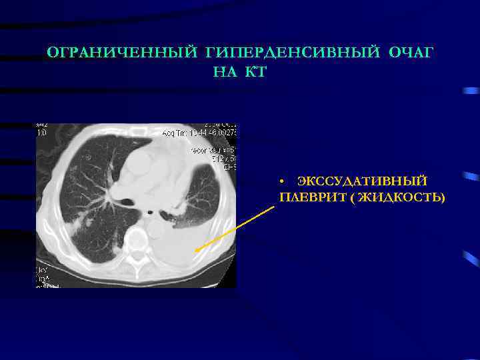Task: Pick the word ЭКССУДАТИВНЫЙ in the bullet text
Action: (363, 182)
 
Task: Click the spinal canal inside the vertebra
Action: (137, 257)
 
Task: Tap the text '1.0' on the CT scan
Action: (41, 133)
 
